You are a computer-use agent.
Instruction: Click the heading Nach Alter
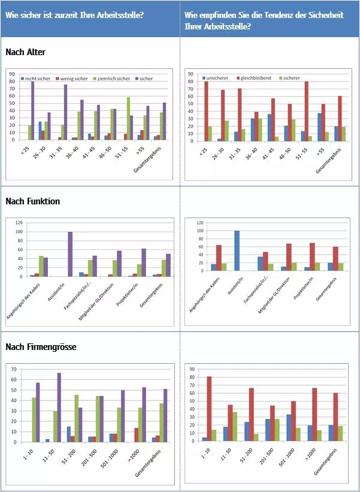tap(25, 53)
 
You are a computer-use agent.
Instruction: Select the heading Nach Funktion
tap(32, 201)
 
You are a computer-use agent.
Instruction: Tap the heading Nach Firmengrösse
tap(41, 347)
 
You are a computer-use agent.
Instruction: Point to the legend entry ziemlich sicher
tap(114, 79)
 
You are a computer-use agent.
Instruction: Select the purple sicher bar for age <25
tap(33, 111)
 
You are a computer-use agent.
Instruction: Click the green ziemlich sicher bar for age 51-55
tap(128, 118)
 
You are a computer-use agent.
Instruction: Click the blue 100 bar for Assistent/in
tap(237, 251)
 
